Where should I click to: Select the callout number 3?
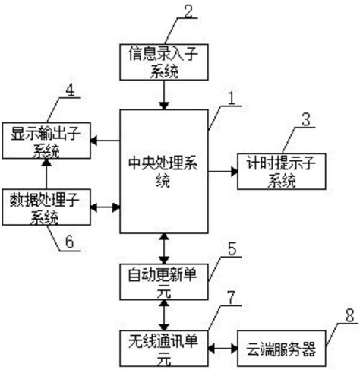click(306, 119)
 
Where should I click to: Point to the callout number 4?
click(71, 90)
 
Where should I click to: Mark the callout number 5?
click(232, 248)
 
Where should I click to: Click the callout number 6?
click(69, 242)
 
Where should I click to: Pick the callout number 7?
click(232, 298)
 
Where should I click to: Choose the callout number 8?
click(349, 315)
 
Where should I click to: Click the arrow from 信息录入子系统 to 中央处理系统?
click(164, 95)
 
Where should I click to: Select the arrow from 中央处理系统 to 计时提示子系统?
click(223, 172)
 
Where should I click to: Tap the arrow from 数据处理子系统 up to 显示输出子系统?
click(46, 174)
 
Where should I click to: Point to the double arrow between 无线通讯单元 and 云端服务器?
click(223, 349)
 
